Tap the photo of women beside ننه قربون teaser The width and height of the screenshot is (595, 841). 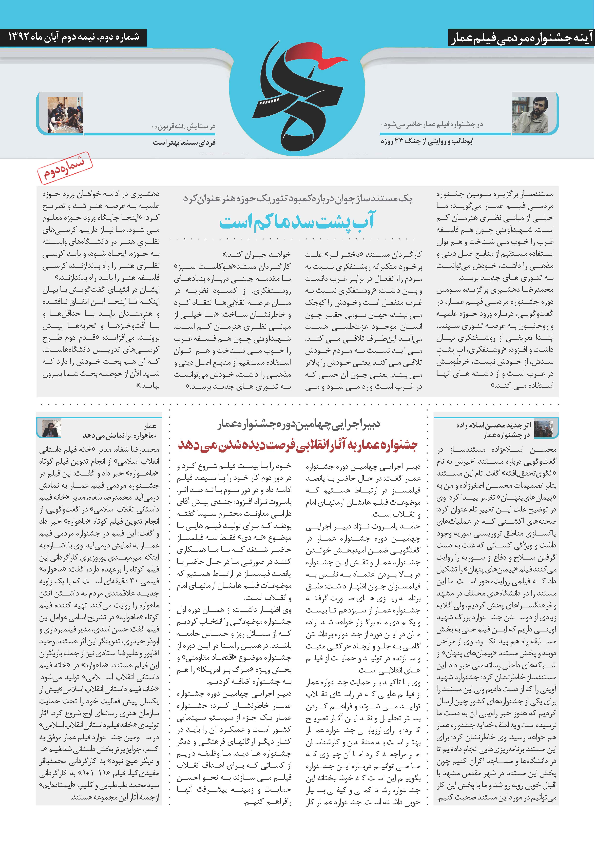pos(65,114)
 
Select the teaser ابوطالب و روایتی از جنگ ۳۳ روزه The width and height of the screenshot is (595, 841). pos(427,141)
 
